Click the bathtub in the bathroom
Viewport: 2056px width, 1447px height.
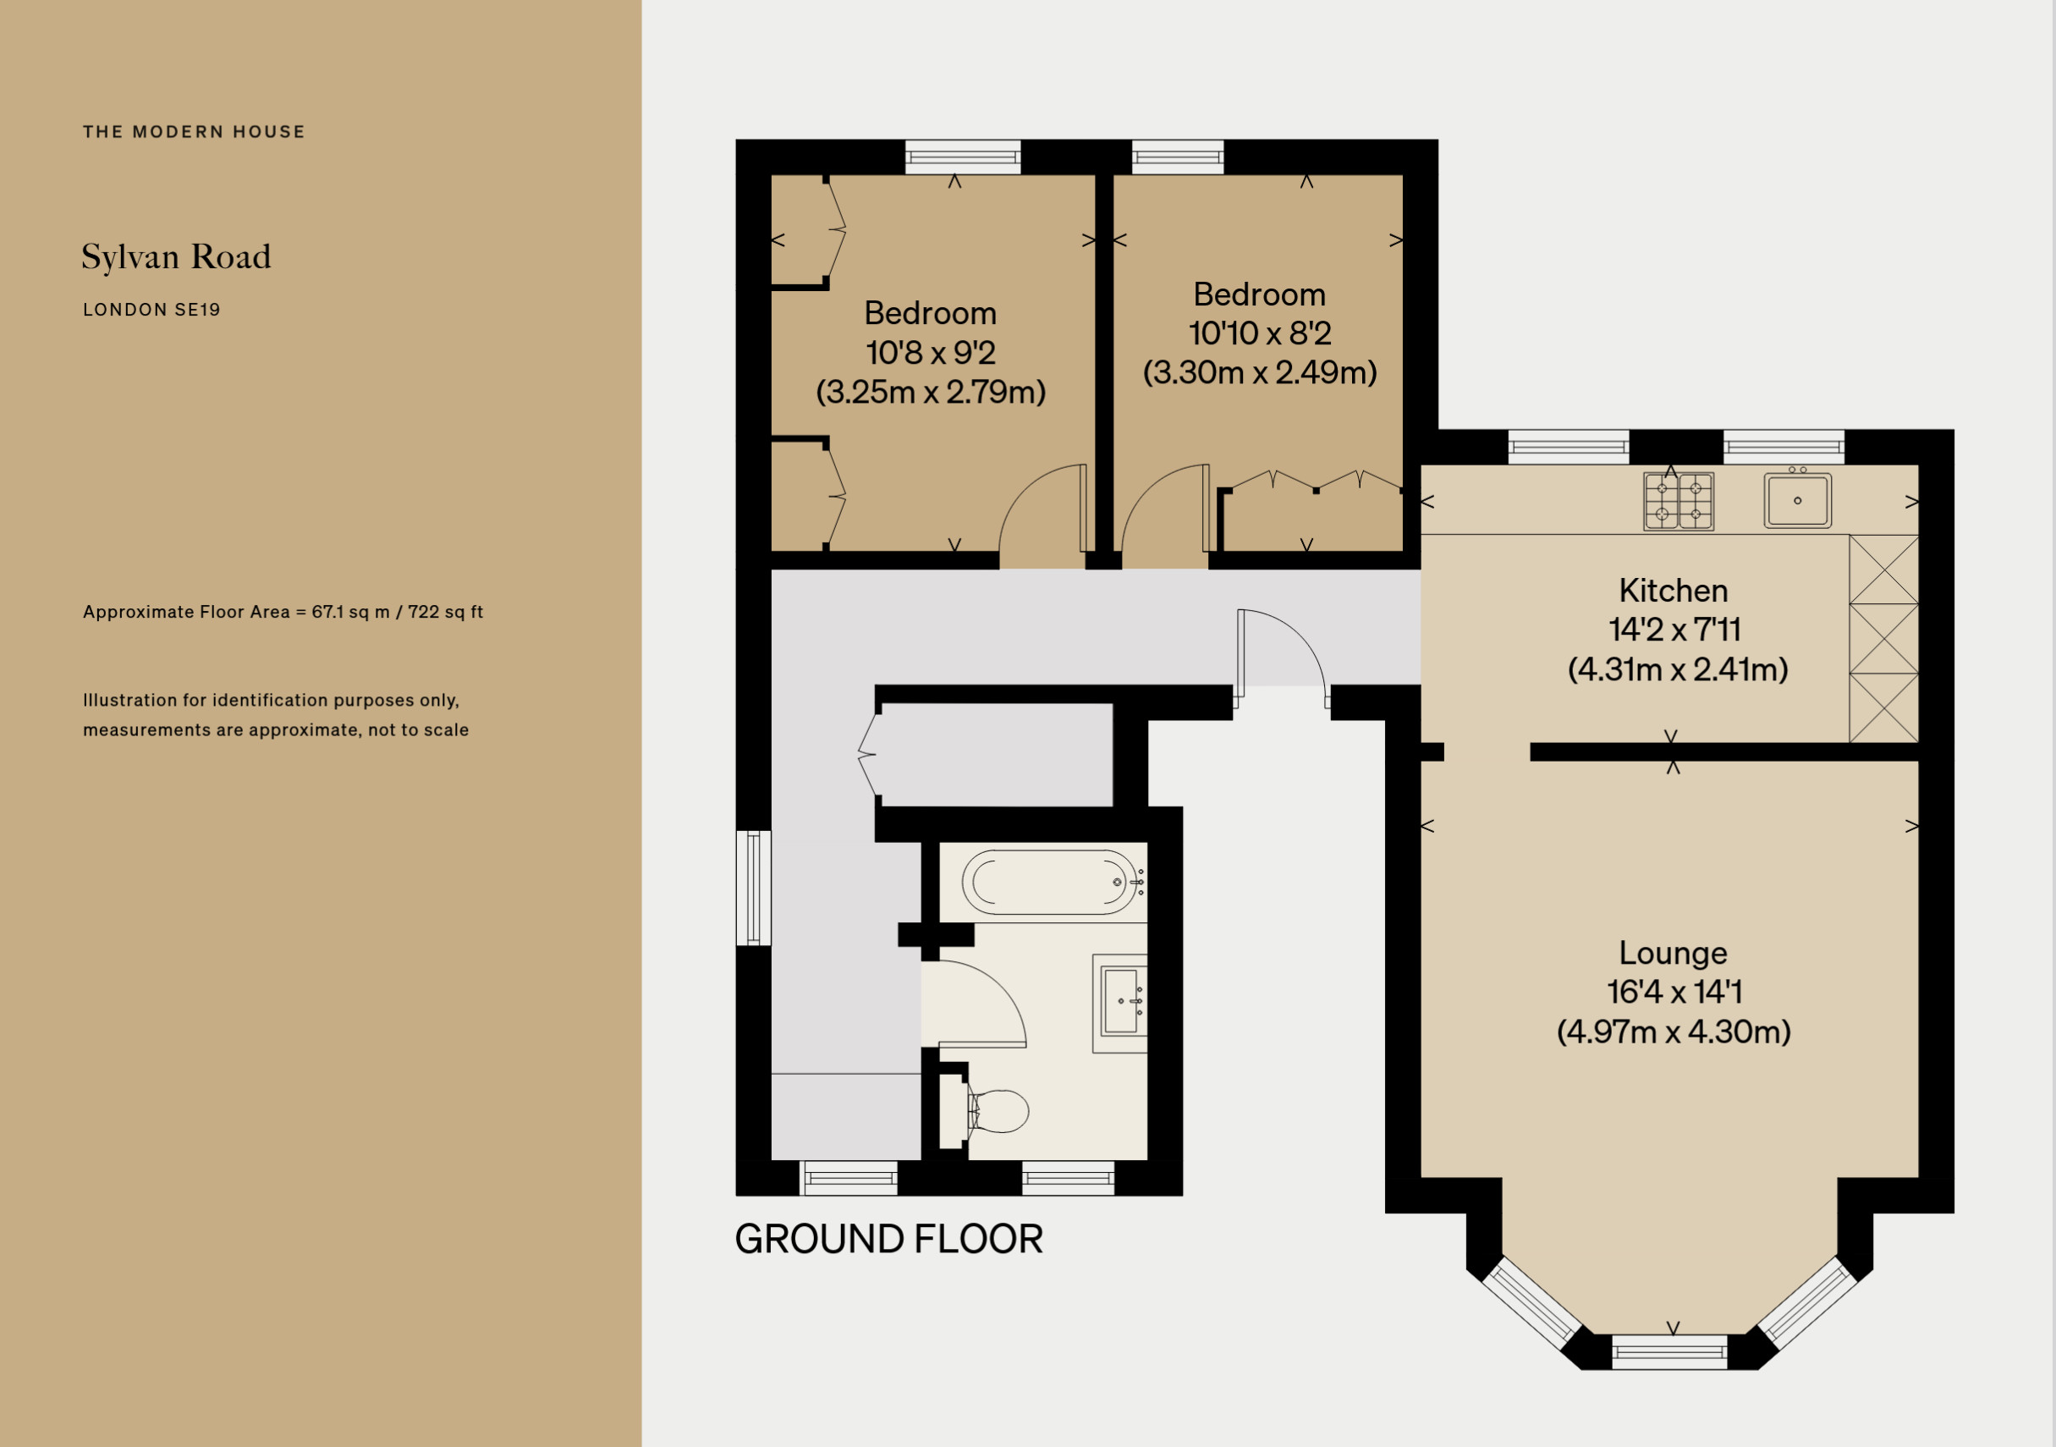pos(1052,882)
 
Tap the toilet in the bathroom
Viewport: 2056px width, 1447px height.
pos(998,1111)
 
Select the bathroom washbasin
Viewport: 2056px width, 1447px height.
pos(1120,1004)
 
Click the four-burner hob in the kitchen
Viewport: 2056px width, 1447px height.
pos(1678,502)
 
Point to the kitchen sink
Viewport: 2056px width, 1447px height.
pos(1797,499)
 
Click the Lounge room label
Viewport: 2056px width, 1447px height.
pos(1673,953)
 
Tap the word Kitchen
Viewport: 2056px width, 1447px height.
pos(1673,591)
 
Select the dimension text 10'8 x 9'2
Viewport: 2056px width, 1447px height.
pos(931,353)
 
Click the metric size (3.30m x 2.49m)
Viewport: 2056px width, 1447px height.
pos(1260,372)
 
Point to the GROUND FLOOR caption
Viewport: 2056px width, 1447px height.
pos(888,1240)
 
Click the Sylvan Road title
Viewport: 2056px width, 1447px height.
pos(176,258)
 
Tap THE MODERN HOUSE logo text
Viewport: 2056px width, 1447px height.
pos(195,132)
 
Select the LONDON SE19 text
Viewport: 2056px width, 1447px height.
pos(151,310)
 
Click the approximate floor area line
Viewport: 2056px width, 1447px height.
pos(283,613)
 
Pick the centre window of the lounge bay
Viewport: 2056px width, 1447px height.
pos(1669,1351)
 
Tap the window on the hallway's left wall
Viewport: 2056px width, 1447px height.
pos(753,888)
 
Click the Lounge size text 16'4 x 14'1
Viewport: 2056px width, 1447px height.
pos(1674,992)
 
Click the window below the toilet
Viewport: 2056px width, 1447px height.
pos(1068,1179)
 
